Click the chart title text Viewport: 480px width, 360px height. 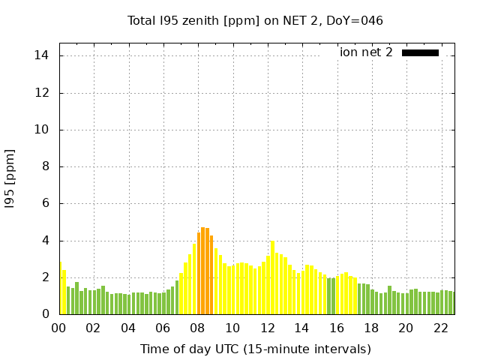click(255, 20)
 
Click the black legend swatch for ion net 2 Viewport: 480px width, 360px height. click(420, 52)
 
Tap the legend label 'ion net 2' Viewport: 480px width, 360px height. click(366, 52)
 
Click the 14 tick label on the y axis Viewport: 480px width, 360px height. click(42, 55)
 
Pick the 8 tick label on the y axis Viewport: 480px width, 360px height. click(45, 166)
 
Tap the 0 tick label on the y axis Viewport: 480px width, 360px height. click(45, 314)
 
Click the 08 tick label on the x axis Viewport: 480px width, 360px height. click(198, 328)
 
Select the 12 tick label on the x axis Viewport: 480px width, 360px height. click(267, 328)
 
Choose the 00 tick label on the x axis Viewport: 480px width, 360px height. click(58, 328)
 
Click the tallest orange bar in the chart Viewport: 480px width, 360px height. click(203, 270)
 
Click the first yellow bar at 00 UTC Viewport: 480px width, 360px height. click(61, 289)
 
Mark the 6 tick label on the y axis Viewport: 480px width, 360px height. click(45, 203)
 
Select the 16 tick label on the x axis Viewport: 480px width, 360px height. click(337, 328)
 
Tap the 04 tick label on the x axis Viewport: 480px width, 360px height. click(128, 328)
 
